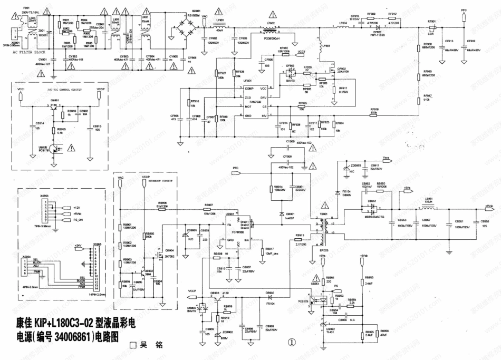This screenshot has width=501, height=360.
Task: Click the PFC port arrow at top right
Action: tap(464, 15)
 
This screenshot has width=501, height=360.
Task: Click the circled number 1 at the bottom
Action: tap(292, 342)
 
